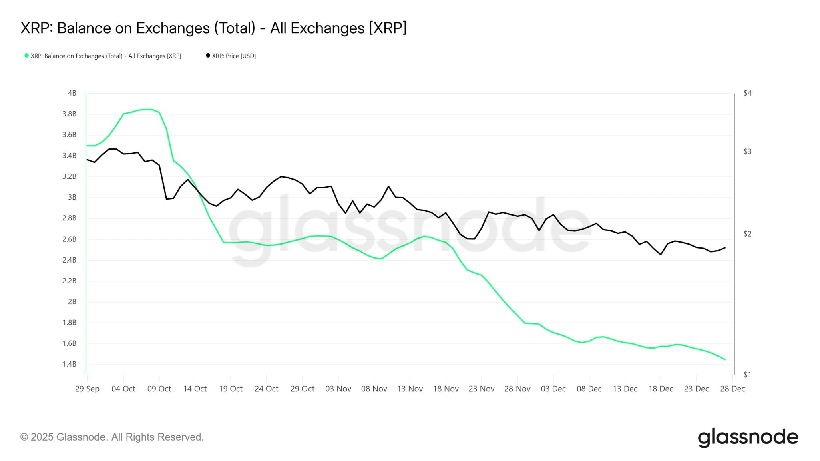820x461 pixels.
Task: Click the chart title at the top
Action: (x=213, y=28)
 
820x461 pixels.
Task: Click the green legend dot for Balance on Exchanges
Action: (x=26, y=56)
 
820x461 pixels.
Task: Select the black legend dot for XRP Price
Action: (x=208, y=56)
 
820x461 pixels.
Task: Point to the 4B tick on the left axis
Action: (x=72, y=93)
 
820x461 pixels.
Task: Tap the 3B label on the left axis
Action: (x=72, y=197)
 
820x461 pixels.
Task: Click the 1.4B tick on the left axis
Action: (x=69, y=364)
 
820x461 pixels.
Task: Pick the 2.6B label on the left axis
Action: (x=69, y=239)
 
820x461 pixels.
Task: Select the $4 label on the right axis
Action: (x=747, y=93)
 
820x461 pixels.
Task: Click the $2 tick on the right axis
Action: (x=747, y=234)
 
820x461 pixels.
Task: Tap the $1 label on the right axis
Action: (x=747, y=375)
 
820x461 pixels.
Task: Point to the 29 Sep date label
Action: (x=87, y=389)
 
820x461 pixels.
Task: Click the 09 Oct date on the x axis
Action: (x=159, y=389)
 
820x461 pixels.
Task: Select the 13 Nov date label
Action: (x=410, y=389)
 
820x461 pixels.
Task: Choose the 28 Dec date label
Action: (x=732, y=389)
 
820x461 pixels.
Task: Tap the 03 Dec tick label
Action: (x=553, y=389)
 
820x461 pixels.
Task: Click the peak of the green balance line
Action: (x=148, y=109)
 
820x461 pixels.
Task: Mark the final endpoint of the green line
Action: (x=725, y=359)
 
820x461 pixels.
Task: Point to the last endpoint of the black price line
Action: (x=725, y=247)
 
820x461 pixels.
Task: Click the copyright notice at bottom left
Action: (x=112, y=437)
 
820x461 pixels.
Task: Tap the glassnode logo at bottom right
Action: (x=748, y=437)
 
